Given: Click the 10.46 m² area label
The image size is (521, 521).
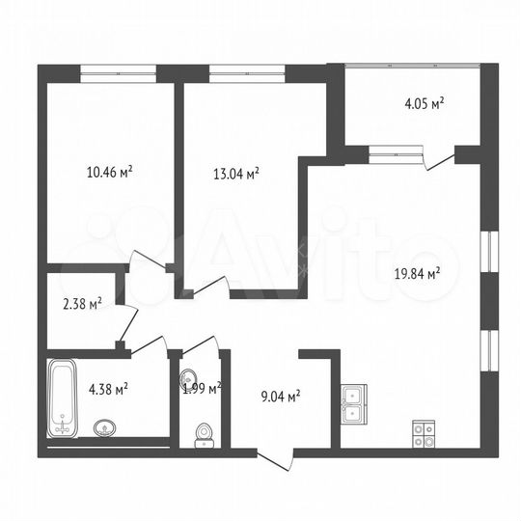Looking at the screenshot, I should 110,173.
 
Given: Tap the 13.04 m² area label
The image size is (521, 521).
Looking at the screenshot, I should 235,174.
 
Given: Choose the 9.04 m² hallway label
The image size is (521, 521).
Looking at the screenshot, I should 282,394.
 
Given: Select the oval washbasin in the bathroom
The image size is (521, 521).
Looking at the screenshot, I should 104,427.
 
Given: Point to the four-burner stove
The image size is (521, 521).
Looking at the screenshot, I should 425,435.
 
